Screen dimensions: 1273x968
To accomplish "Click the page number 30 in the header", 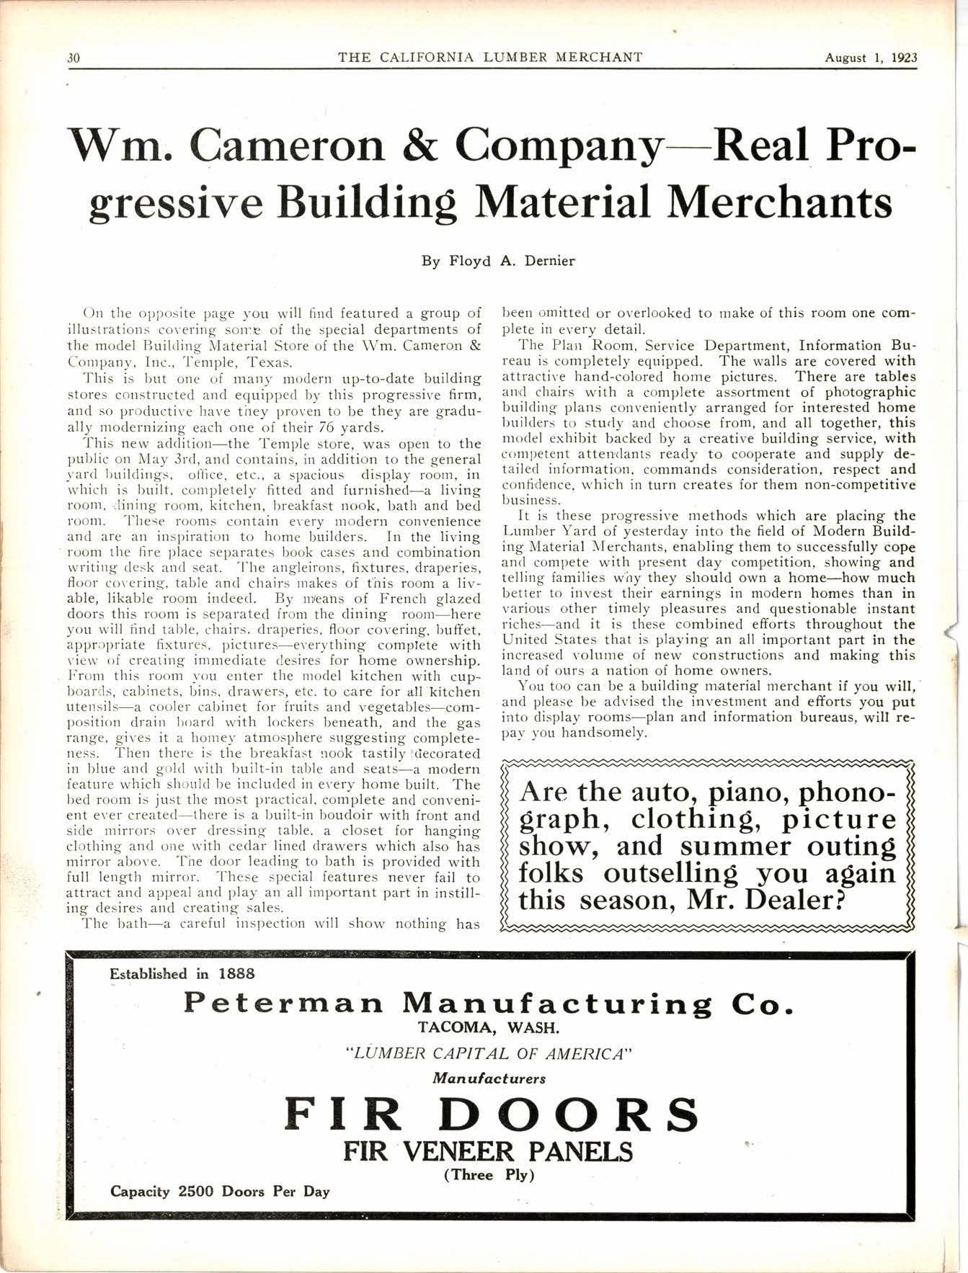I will (73, 58).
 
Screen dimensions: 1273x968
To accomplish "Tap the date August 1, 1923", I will (871, 58).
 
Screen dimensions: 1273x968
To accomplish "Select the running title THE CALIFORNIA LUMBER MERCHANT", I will (490, 58).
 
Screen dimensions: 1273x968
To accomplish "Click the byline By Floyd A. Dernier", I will (498, 262).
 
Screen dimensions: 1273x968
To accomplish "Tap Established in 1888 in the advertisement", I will (182, 974).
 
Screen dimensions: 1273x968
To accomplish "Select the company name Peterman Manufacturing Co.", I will (489, 1004).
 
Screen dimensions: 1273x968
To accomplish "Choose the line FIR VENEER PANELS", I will (488, 1152).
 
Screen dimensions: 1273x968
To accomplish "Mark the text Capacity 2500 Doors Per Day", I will (220, 1191).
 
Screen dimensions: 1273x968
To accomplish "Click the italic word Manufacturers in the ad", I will (489, 1078).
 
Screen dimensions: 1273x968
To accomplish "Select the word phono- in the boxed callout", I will (836, 792).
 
